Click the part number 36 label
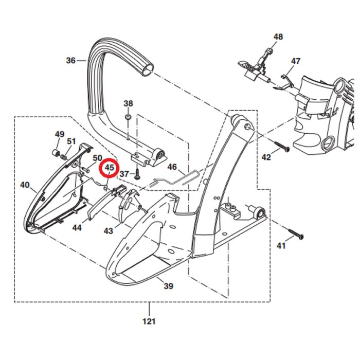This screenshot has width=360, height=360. point(71,60)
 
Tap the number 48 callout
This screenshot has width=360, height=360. point(278,37)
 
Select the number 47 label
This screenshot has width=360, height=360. point(296,61)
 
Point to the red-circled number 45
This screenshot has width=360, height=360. point(109,168)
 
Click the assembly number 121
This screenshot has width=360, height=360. point(149,321)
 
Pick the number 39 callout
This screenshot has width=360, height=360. point(168,286)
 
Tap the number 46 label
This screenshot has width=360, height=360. point(172,167)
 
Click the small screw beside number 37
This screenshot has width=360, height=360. point(137,174)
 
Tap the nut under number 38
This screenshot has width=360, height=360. point(128,117)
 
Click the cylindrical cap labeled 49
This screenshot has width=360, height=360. point(56,152)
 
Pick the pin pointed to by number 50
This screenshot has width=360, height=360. point(85,170)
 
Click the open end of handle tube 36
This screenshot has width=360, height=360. point(147,69)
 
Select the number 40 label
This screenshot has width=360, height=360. point(25,185)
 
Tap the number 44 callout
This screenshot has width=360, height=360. point(77,228)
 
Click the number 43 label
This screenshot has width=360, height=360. point(109,231)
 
